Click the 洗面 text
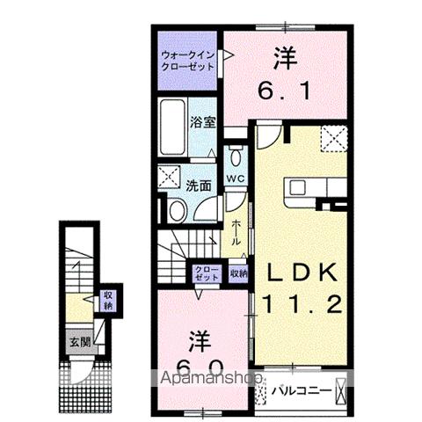(198, 186)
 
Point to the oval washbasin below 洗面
(176, 210)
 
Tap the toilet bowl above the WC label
(235, 158)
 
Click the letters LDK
(296, 274)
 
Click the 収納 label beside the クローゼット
(238, 273)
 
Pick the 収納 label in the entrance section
(109, 301)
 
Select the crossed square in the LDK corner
(332, 139)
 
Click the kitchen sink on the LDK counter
(296, 187)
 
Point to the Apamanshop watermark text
(211, 380)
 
